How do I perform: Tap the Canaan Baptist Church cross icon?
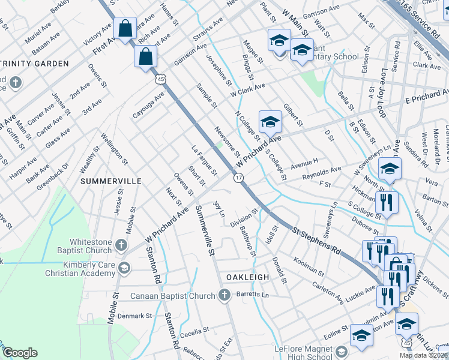[x=224, y=295]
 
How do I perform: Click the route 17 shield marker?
[x=238, y=178]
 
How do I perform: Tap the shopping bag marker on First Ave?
[x=124, y=28]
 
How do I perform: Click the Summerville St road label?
[x=205, y=232]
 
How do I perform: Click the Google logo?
[x=20, y=353]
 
